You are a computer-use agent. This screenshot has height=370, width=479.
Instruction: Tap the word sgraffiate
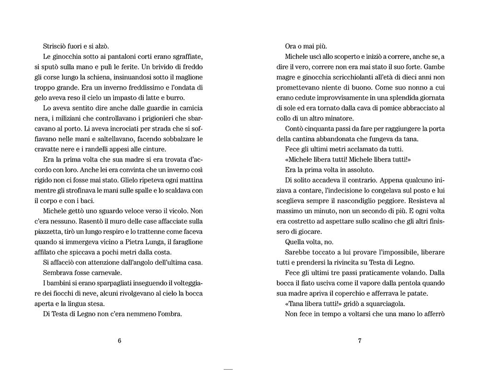(172, 57)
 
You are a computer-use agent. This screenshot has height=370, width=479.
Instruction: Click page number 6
(119, 341)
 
